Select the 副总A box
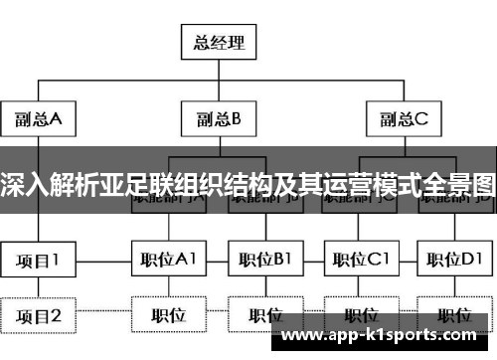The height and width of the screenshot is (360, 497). click(x=40, y=120)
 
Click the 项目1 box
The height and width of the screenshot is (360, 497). click(x=39, y=262)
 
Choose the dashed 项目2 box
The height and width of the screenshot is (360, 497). click(x=39, y=316)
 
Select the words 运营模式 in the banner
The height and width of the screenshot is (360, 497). click(x=364, y=184)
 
